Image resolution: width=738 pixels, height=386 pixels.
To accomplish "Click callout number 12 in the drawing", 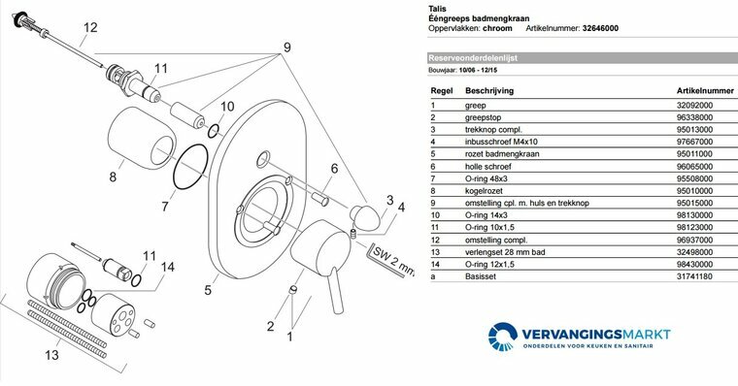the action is click(x=90, y=27).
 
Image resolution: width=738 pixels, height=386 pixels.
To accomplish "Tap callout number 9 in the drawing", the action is click(x=287, y=47).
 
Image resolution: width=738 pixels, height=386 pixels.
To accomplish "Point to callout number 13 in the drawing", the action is click(x=51, y=355).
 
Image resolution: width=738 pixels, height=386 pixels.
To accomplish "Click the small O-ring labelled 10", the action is click(x=214, y=131).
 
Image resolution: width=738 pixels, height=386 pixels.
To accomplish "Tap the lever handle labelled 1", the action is click(x=322, y=256).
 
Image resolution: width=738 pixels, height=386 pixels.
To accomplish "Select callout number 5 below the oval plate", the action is click(x=208, y=290).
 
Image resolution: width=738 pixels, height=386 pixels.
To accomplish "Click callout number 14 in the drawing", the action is click(x=168, y=267).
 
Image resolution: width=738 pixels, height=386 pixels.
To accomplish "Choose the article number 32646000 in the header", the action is click(x=600, y=28).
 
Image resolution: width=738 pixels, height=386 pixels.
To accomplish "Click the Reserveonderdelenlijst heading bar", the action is click(x=582, y=58).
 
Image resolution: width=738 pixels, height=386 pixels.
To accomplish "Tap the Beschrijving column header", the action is click(x=489, y=91).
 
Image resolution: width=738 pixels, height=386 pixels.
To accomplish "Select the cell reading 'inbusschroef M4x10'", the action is click(x=501, y=142).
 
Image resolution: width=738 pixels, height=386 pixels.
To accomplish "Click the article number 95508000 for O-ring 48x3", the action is click(x=694, y=178).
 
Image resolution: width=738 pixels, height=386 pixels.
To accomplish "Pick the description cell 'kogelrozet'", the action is click(x=484, y=191).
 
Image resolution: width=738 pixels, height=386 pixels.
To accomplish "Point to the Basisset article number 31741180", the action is click(x=694, y=276).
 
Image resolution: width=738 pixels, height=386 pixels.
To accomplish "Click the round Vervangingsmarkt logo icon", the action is click(x=503, y=336).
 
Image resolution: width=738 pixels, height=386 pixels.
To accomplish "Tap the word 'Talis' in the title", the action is click(x=437, y=9).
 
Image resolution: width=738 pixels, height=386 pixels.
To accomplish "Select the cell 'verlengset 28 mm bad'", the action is click(x=505, y=252).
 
